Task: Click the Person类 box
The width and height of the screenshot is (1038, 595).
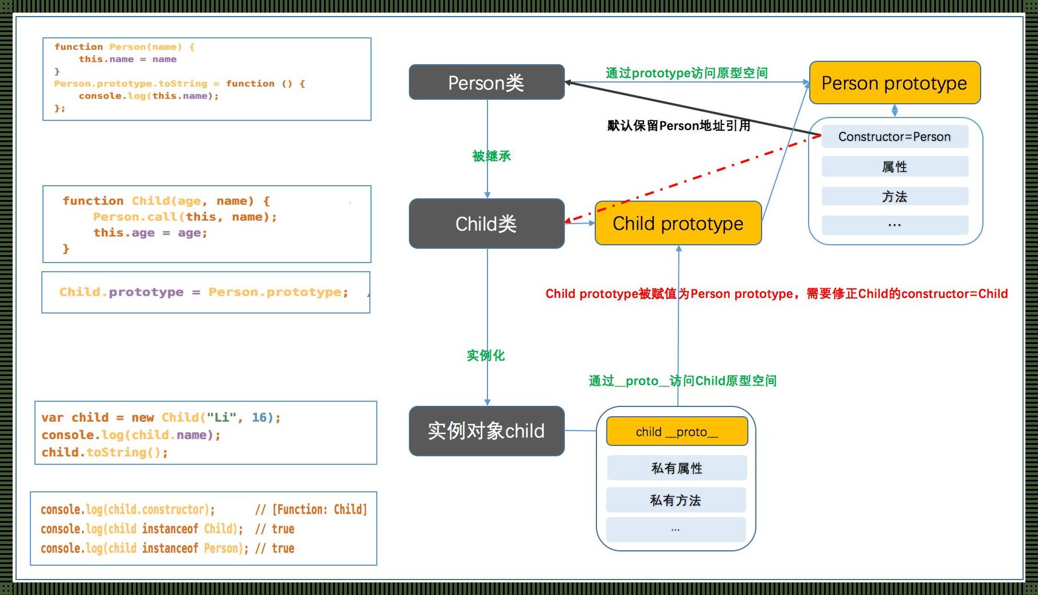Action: (486, 83)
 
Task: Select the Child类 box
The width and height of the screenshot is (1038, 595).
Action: (486, 224)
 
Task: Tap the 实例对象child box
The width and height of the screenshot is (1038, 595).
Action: (486, 431)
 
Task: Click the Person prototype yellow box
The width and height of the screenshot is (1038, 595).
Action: (894, 83)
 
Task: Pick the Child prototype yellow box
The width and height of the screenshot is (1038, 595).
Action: (678, 224)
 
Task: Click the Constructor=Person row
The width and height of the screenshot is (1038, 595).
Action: (894, 137)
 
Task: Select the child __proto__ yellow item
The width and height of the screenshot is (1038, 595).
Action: (677, 432)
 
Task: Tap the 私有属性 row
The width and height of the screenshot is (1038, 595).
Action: (677, 468)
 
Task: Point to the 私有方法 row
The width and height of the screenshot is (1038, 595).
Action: (676, 500)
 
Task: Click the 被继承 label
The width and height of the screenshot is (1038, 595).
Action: (491, 156)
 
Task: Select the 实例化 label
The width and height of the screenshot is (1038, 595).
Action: (486, 355)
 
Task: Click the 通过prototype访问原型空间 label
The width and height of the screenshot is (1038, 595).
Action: (686, 73)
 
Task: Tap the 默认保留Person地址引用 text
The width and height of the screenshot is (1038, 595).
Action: (678, 126)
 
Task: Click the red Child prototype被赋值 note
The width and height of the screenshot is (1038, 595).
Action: (776, 294)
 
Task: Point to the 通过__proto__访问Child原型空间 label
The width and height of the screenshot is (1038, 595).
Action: (682, 381)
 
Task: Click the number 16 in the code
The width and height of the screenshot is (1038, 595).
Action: (259, 417)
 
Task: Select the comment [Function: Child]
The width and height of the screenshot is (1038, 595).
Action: (319, 509)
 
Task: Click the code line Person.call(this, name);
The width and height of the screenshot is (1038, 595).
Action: (185, 217)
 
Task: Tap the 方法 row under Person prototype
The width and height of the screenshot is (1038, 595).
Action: (894, 197)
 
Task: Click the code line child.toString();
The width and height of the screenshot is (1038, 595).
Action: (104, 452)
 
